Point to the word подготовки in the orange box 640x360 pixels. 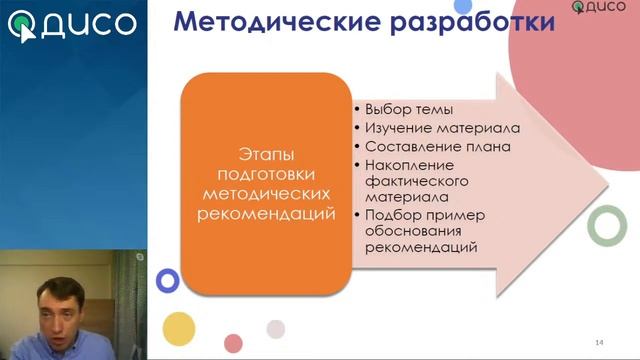click(x=265, y=172)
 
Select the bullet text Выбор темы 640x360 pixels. click(x=410, y=109)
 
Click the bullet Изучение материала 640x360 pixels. click(x=442, y=128)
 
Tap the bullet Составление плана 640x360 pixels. click(x=438, y=147)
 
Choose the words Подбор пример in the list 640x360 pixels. click(x=425, y=215)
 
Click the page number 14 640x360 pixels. click(x=598, y=343)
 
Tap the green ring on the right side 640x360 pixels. click(x=606, y=225)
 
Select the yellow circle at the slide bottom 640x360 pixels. click(x=178, y=327)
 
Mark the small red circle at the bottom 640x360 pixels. click(x=233, y=343)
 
